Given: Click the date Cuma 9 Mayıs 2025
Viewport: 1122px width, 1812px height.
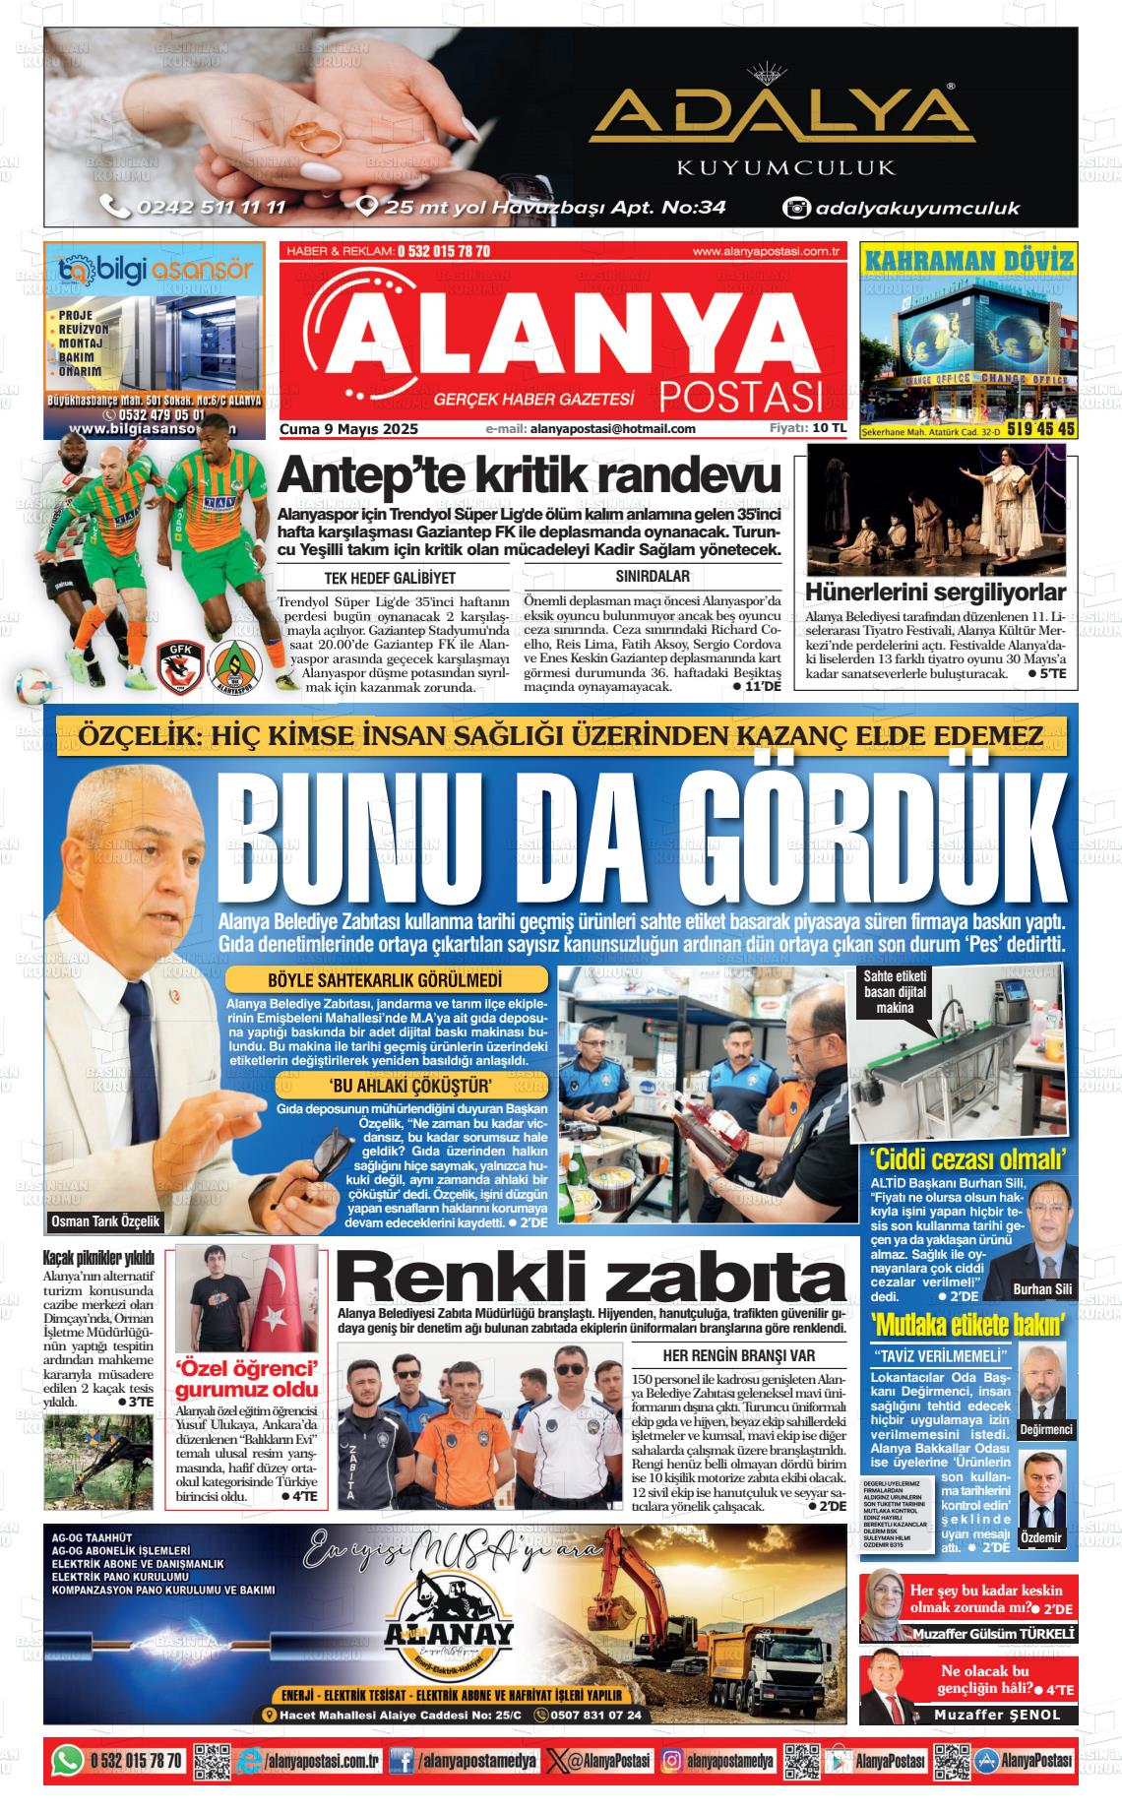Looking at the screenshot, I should coord(349,429).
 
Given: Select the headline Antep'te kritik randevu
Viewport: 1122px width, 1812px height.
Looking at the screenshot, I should coord(529,477).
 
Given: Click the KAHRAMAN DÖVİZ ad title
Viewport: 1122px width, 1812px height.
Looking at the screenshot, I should coord(968,261).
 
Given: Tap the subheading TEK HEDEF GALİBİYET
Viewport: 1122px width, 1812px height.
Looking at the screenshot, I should coord(390,578).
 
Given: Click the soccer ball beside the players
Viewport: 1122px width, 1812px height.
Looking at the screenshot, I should coord(33,686).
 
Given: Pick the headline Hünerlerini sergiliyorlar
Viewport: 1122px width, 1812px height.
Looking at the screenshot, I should coord(935,592).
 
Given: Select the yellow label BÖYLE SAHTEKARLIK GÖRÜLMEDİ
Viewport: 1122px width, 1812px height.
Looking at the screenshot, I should coord(385,980).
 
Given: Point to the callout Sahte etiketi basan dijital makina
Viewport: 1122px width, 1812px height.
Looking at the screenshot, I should coord(895,991).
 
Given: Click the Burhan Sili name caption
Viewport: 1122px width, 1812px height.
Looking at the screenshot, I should coord(1042,1289).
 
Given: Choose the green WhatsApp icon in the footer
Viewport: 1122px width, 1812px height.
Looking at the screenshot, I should coord(67,1759).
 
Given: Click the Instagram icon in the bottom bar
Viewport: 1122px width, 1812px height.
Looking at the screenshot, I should coord(673,1760).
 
